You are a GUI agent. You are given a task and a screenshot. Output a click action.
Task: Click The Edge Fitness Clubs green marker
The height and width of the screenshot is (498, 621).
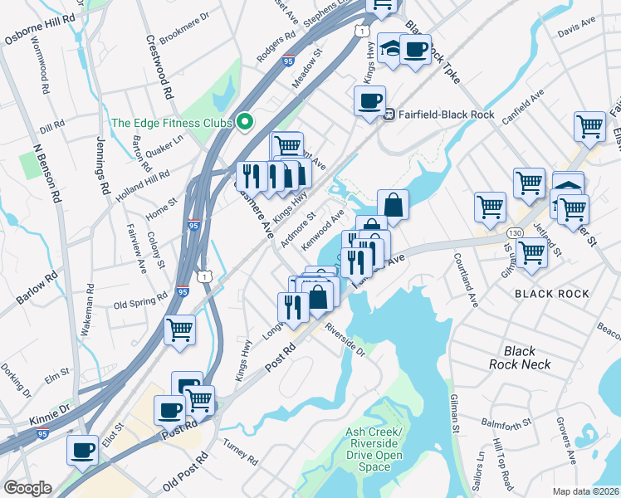(244, 123)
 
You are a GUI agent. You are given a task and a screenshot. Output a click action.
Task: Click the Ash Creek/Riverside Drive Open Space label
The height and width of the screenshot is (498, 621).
(374, 450)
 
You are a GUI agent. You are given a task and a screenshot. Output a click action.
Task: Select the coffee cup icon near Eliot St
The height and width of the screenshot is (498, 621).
(82, 450)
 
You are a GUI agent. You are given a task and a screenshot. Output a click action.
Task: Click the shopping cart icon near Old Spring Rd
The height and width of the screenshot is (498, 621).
(180, 330)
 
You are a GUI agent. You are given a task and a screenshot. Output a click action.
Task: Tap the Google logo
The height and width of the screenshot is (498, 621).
(27, 488)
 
